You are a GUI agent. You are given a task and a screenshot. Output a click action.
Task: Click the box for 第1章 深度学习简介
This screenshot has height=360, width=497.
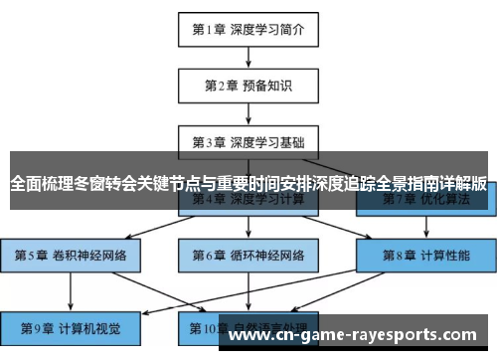point(248,29)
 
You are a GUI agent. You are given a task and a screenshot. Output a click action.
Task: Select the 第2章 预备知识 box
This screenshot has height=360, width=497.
point(248,86)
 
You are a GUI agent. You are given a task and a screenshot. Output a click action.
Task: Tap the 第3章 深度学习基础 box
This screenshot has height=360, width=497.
point(248,142)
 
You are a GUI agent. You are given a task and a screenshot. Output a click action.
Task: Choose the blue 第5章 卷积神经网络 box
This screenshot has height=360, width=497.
point(71,256)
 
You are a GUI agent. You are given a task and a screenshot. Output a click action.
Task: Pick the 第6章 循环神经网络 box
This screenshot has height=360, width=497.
point(248,256)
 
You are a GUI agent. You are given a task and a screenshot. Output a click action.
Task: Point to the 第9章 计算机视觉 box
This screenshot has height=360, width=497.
point(71,326)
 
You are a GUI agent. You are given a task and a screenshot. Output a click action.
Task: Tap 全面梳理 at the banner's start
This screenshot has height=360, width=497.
point(38,184)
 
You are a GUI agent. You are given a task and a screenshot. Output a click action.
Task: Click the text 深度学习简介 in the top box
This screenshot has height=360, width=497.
point(268,29)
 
